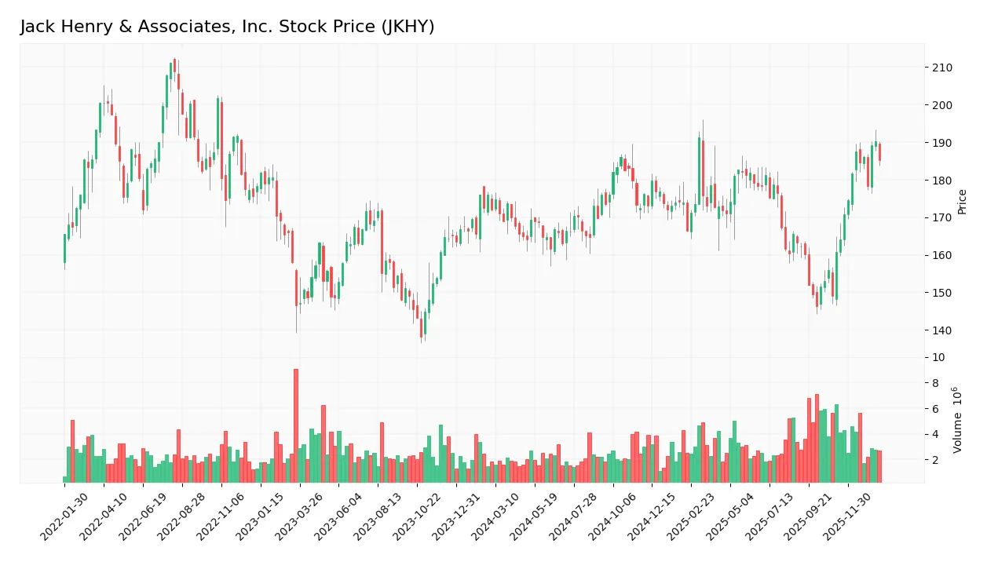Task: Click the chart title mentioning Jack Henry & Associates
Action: click(x=227, y=27)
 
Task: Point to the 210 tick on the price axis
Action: click(x=942, y=68)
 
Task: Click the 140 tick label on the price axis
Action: click(x=942, y=330)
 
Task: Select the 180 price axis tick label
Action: click(x=942, y=181)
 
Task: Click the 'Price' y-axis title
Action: click(x=963, y=202)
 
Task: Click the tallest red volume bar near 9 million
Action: click(x=296, y=425)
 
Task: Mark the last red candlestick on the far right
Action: click(x=879, y=152)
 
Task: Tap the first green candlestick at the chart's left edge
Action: click(x=65, y=248)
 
